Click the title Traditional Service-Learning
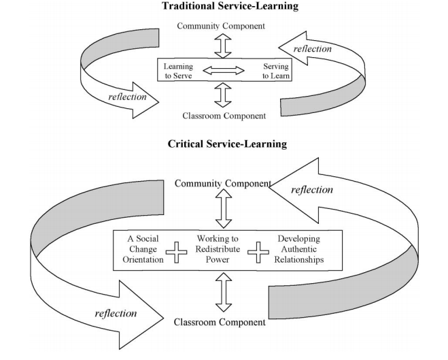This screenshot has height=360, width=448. pos(224,7)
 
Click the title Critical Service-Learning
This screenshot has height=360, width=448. pos(224,144)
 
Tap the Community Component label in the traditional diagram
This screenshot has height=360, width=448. pos(222,26)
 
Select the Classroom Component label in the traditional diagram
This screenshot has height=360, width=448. pos(224,116)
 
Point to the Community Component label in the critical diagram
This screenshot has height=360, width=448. pos(223,184)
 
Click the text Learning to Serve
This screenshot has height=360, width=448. pos(178,71)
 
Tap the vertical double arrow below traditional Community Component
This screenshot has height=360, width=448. pos(223,45)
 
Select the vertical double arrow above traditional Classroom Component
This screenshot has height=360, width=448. pos(223,95)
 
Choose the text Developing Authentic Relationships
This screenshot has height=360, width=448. pos(298,249)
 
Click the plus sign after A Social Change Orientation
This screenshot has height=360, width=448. pos(177,254)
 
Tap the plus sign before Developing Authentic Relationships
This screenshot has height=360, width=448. pos(258,254)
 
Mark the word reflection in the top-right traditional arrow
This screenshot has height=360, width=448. pos(313,49)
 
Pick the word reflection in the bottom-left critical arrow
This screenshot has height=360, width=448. pos(116,313)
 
